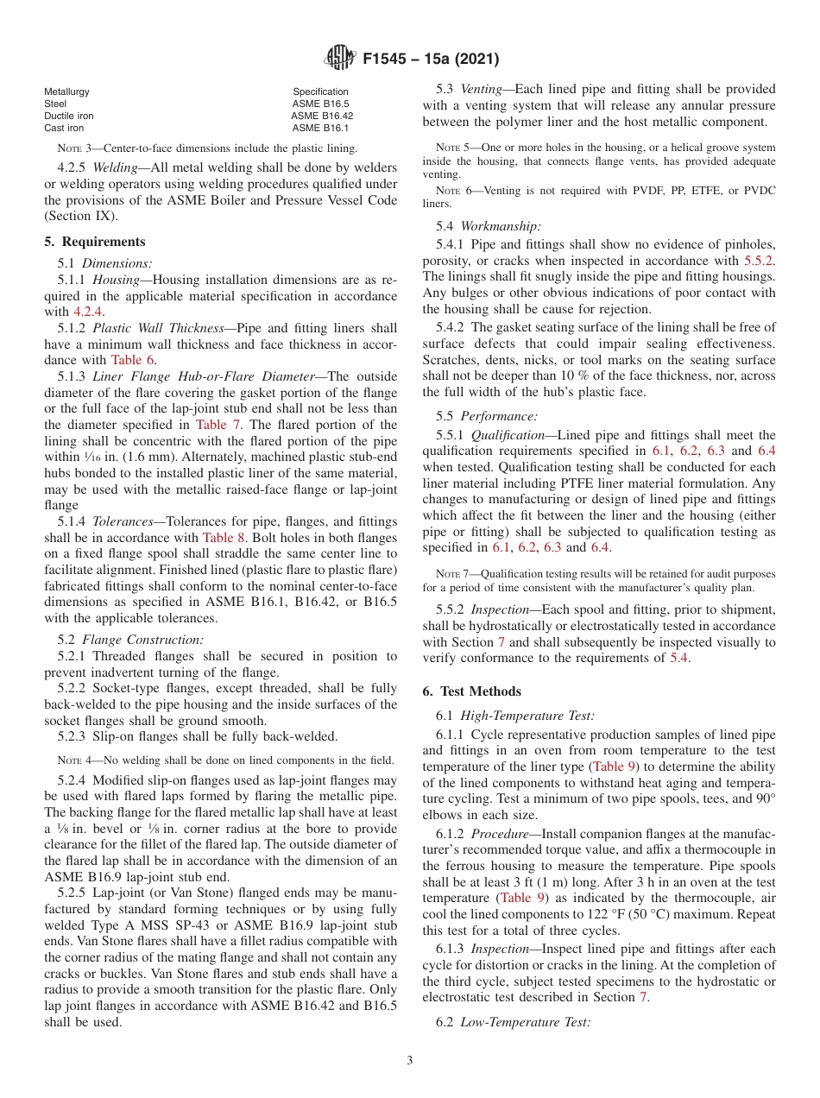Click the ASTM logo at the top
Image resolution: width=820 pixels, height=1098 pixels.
pyautogui.click(x=339, y=59)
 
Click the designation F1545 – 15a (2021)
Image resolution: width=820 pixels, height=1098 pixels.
pyautogui.click(x=431, y=60)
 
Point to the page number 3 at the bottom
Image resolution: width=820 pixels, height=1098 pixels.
pyautogui.click(x=409, y=1060)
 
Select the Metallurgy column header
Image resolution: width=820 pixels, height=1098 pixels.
pyautogui.click(x=66, y=91)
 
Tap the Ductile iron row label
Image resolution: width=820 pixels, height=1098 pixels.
pyautogui.click(x=69, y=116)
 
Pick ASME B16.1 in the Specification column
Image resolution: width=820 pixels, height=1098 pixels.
pyautogui.click(x=321, y=128)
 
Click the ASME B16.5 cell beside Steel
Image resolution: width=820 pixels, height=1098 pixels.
pyautogui.click(x=321, y=104)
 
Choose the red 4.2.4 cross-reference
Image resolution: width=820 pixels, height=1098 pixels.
pyautogui.click(x=87, y=312)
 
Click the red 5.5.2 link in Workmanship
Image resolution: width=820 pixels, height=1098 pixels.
pyautogui.click(x=759, y=260)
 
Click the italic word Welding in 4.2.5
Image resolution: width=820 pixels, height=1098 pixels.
pyautogui.click(x=116, y=167)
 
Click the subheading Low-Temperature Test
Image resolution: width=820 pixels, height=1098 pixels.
pyautogui.click(x=525, y=1022)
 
